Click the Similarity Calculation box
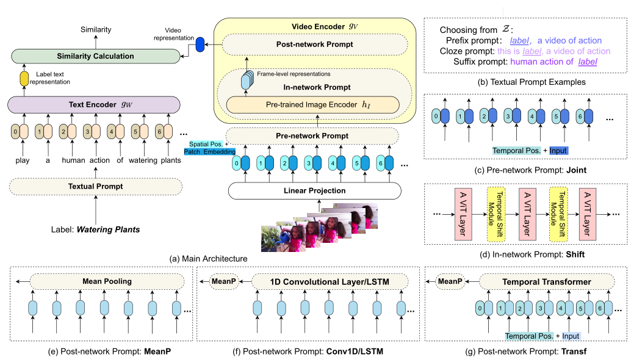[x=95, y=56]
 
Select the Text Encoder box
[x=95, y=104]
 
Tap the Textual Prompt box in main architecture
[x=95, y=185]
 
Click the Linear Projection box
[x=315, y=190]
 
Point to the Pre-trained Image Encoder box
[x=312, y=104]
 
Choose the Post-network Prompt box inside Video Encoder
[x=312, y=45]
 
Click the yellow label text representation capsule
[x=25, y=79]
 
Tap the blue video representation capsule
[x=199, y=45]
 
